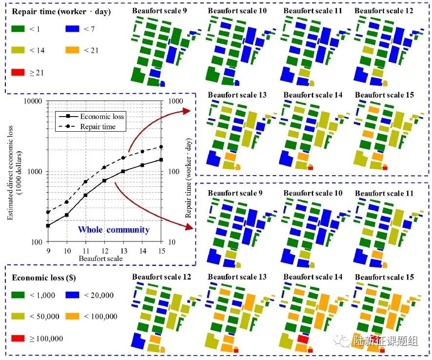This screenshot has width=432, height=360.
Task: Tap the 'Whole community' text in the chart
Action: click(114, 229)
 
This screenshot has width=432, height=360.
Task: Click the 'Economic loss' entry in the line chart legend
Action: click(102, 116)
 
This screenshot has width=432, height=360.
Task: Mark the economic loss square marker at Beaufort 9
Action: click(48, 225)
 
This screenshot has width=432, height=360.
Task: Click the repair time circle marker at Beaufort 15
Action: click(161, 147)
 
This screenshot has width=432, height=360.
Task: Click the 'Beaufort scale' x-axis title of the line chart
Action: click(104, 258)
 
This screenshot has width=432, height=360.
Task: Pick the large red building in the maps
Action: click(303, 339)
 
